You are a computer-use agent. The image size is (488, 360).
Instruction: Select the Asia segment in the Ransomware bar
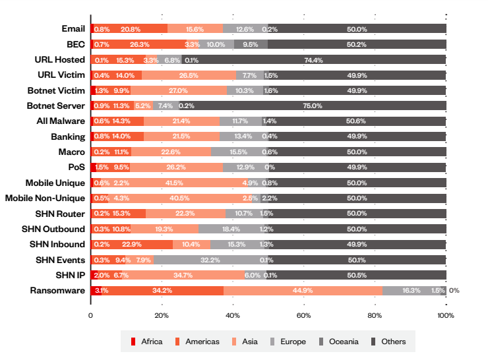(303, 290)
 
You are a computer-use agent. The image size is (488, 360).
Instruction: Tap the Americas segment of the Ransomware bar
(162, 290)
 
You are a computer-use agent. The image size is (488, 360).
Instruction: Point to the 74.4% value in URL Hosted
(313, 59)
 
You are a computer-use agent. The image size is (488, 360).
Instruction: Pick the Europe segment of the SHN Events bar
(210, 260)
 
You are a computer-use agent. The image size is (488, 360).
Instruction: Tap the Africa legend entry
(146, 342)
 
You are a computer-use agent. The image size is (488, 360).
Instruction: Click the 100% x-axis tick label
(446, 315)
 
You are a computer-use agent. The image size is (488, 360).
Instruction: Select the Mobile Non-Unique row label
(45, 198)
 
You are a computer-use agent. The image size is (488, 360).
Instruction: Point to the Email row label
(73, 28)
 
